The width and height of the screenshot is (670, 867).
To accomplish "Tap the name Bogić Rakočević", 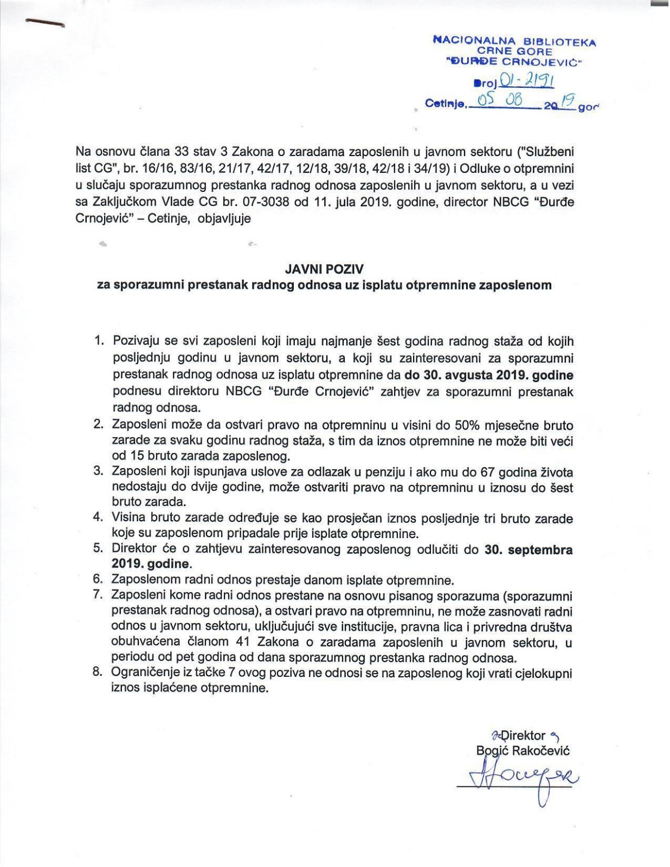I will [523, 750].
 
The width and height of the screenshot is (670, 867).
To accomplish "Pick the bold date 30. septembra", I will [529, 549].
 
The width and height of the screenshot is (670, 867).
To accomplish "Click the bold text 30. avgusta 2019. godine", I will [489, 375].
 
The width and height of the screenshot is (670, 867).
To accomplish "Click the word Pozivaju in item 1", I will [134, 341].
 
